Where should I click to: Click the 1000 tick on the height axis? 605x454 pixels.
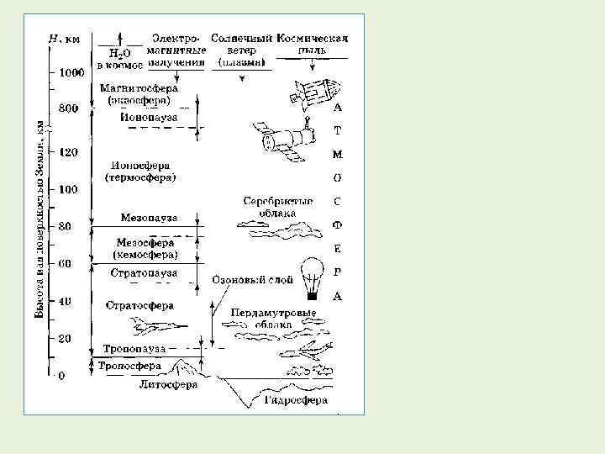pyautogui.click(x=70, y=73)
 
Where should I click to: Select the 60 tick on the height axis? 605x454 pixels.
pyautogui.click(x=64, y=263)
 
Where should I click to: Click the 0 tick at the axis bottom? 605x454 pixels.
pyautogui.click(x=60, y=376)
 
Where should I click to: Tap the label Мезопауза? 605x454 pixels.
pyautogui.click(x=149, y=217)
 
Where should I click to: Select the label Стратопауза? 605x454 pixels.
pyautogui.click(x=145, y=272)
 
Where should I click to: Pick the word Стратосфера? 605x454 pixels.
pyautogui.click(x=139, y=304)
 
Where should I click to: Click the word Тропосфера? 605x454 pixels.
pyautogui.click(x=129, y=367)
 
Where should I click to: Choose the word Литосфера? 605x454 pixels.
pyautogui.click(x=167, y=384)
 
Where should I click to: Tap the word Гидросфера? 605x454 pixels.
pyautogui.click(x=296, y=401)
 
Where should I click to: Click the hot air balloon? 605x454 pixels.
pyautogui.click(x=314, y=277)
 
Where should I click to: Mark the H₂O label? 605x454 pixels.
pyautogui.click(x=109, y=51)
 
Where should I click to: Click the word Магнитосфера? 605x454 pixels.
pyautogui.click(x=138, y=87)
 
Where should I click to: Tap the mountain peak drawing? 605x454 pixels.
pyautogui.click(x=186, y=367)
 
